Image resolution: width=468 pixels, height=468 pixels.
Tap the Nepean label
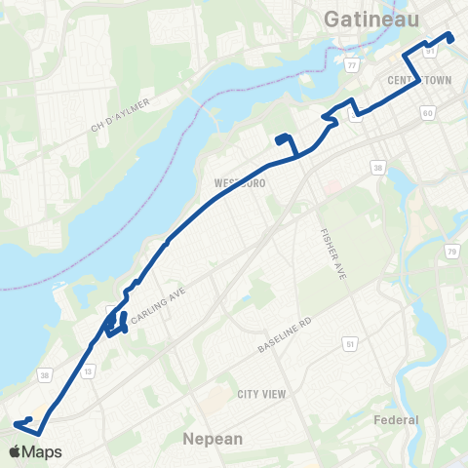(x=213, y=439)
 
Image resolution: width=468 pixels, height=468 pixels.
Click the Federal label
(x=397, y=420)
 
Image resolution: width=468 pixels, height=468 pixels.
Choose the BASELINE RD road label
(x=284, y=334)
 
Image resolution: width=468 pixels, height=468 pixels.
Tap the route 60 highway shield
(x=427, y=114)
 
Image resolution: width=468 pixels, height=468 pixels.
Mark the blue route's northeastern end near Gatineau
(x=451, y=38)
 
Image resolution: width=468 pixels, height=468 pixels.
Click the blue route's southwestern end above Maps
(x=17, y=423)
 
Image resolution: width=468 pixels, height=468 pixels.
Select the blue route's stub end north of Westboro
(x=280, y=137)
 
